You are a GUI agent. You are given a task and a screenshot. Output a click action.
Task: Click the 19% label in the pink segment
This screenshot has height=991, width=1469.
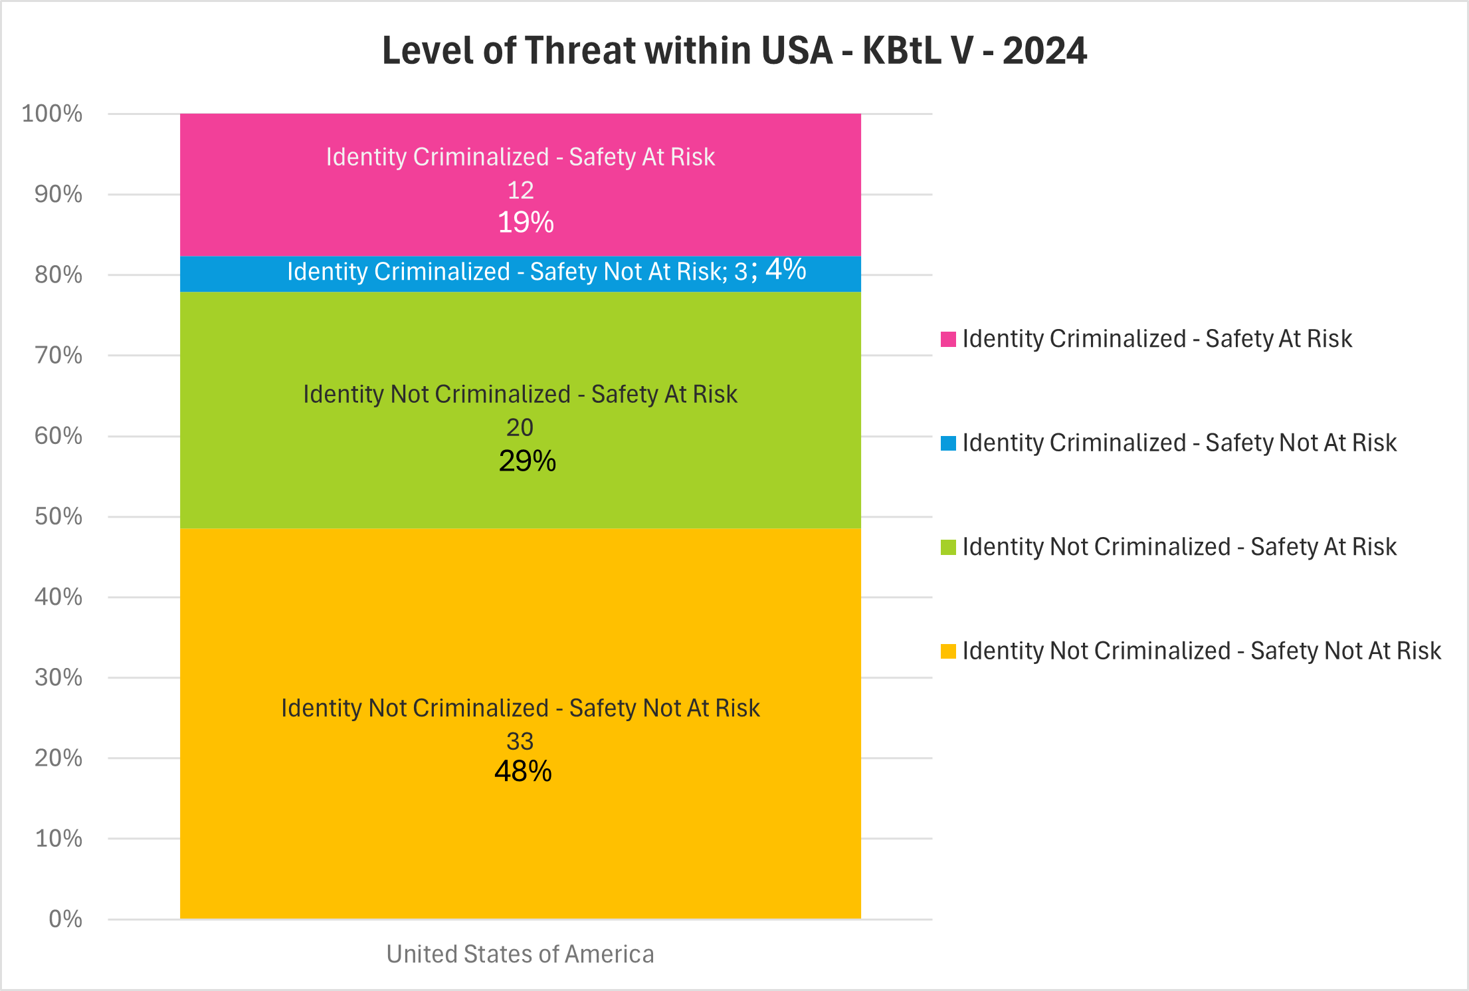[526, 223]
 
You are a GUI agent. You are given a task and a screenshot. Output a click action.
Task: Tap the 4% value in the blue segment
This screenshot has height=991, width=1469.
[786, 269]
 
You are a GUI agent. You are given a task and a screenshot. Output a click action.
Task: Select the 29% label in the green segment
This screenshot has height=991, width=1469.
[527, 461]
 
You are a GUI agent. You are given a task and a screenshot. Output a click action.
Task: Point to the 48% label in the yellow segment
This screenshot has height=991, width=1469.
[523, 771]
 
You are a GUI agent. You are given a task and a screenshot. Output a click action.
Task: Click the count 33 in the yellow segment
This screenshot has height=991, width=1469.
[520, 741]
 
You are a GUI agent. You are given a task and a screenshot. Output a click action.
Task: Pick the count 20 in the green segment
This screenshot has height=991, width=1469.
[520, 427]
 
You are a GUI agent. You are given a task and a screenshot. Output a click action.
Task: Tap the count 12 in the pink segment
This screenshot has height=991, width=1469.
[520, 191]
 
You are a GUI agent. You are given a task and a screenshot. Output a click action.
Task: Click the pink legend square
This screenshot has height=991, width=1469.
[948, 339]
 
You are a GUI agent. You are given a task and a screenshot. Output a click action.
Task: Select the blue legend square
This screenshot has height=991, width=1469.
[948, 443]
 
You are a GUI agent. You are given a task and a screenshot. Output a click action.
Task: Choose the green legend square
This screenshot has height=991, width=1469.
[948, 547]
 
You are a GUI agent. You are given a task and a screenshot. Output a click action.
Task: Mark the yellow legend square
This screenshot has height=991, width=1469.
[948, 651]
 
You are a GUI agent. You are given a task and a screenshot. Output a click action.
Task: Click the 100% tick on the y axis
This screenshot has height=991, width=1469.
[52, 114]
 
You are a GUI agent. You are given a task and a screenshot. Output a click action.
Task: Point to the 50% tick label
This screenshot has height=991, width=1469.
[58, 516]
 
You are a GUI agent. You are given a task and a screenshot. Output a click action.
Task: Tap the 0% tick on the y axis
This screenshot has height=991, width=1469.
[65, 919]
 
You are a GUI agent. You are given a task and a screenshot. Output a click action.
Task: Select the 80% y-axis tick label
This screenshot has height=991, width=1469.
[58, 275]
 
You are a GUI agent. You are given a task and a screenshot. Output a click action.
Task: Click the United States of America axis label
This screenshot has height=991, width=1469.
[520, 954]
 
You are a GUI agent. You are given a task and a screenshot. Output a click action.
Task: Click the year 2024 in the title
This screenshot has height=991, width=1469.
[1044, 51]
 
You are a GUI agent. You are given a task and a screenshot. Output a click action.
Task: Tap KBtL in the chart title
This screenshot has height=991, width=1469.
[902, 51]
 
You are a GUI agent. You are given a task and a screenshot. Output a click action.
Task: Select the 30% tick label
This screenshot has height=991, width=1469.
[58, 677]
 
